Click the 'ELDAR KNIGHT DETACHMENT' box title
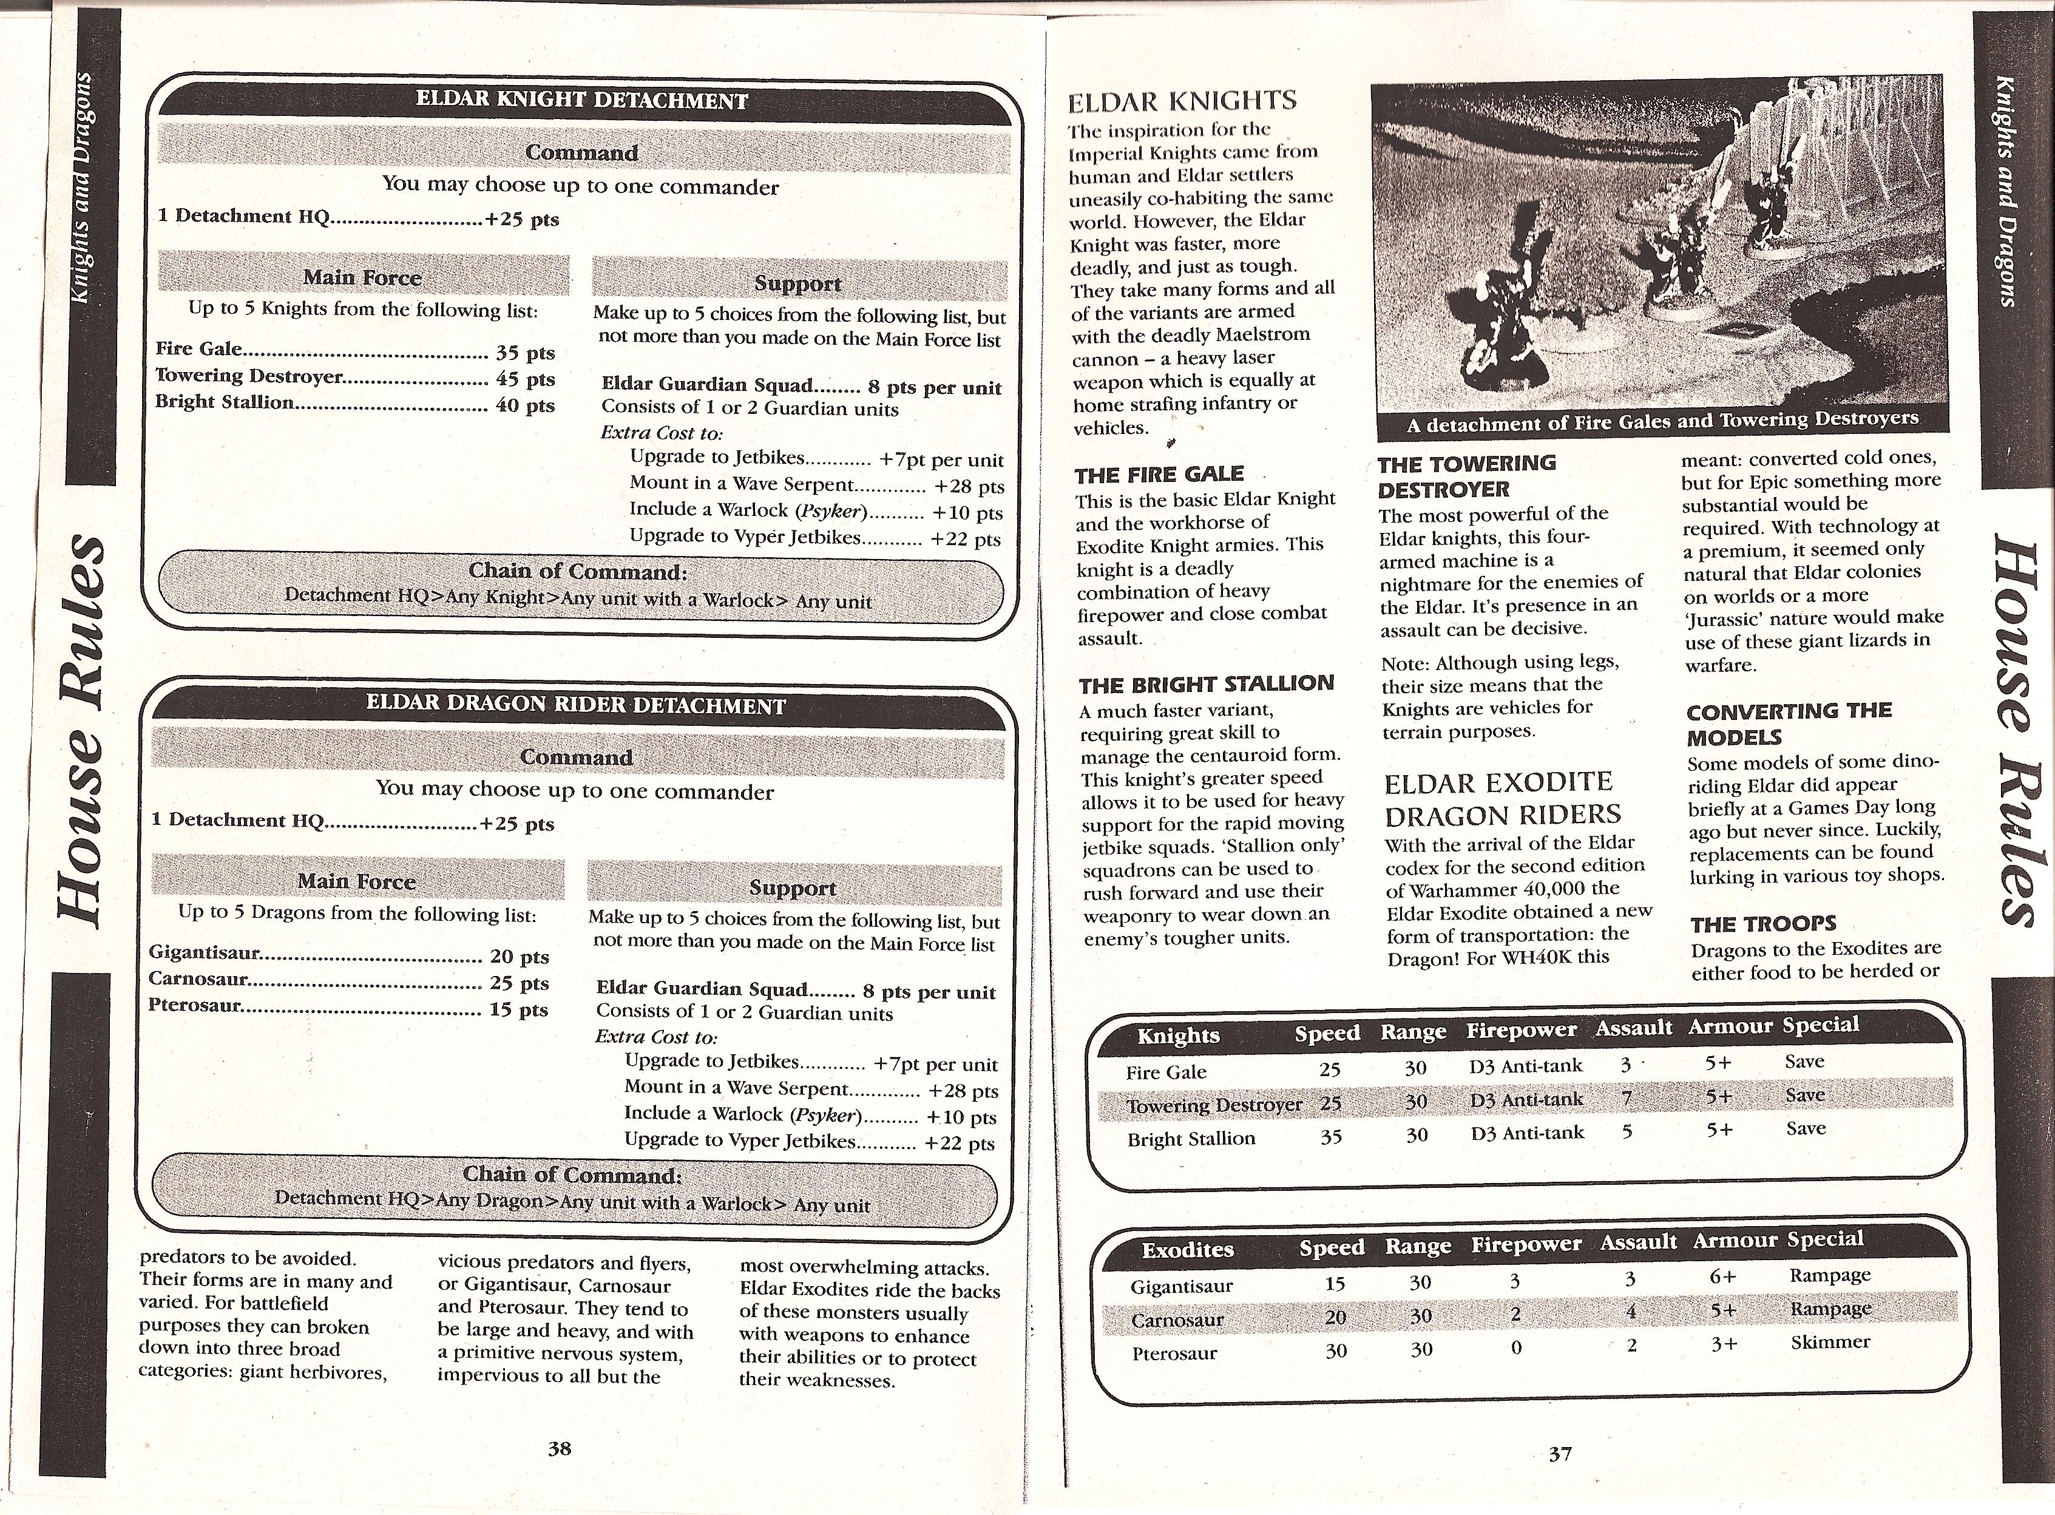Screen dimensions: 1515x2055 click(581, 100)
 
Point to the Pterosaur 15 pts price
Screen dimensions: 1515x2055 click(519, 1009)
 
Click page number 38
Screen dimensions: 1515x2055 click(560, 1448)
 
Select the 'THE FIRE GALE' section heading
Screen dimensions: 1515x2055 click(1159, 474)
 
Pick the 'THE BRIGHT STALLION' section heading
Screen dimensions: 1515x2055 click(1206, 683)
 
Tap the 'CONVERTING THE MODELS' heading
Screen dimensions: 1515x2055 click(1788, 724)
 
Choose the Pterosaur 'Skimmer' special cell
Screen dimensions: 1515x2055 click(1829, 1341)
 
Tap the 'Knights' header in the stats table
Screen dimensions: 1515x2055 click(1179, 1035)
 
